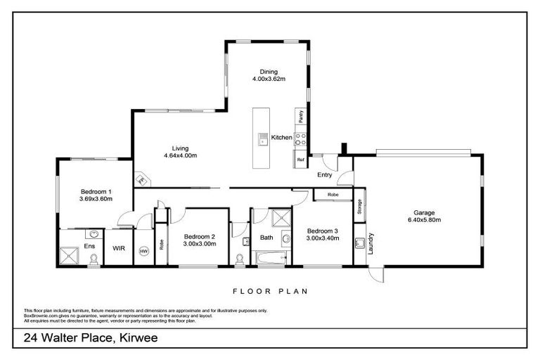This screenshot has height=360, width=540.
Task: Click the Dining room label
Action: (x=269, y=72)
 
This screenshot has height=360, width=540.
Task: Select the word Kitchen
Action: (x=281, y=138)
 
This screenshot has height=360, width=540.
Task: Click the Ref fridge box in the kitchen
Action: (x=300, y=160)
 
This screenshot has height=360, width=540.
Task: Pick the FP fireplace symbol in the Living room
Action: (x=141, y=179)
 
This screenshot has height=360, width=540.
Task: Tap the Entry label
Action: (x=324, y=174)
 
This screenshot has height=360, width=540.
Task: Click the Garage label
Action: (x=424, y=213)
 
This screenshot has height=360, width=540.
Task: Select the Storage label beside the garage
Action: (x=359, y=207)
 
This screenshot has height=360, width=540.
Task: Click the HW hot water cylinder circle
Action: (x=144, y=250)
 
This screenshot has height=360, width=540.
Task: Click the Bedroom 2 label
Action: (x=199, y=236)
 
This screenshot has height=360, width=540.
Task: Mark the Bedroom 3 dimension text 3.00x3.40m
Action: (x=322, y=238)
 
